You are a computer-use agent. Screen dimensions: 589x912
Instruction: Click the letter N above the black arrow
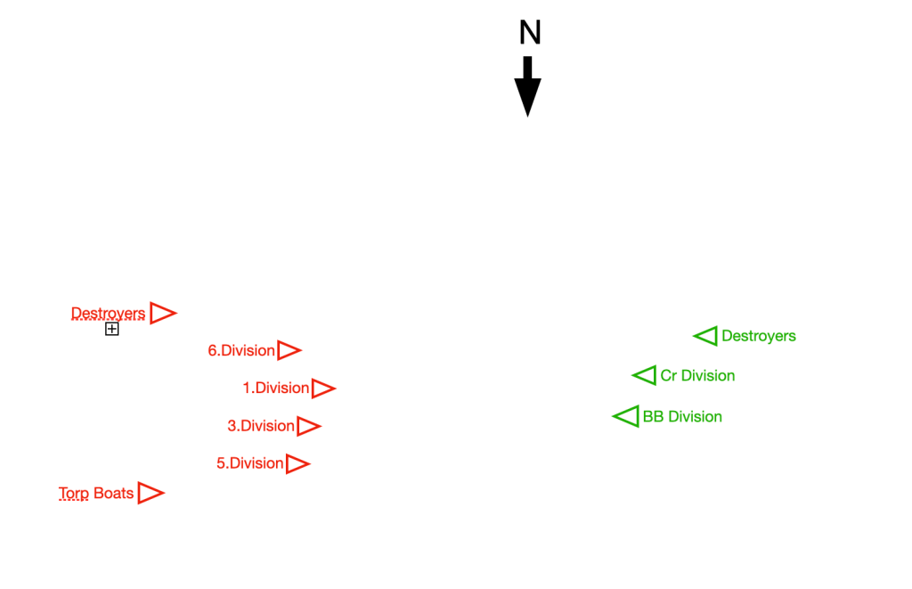(530, 33)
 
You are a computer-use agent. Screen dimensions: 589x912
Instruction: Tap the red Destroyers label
(108, 314)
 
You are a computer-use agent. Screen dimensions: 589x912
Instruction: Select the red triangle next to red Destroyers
(161, 314)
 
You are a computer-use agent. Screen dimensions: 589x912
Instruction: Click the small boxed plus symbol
(112, 330)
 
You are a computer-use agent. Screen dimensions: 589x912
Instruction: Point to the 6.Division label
(240, 351)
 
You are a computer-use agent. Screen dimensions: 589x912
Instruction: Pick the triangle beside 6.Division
(288, 351)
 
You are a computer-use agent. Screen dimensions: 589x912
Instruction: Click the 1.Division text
(275, 389)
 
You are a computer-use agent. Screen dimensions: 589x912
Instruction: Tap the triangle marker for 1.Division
(322, 389)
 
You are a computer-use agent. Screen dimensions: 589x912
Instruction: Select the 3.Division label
(260, 426)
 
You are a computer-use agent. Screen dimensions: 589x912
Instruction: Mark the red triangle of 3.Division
(307, 426)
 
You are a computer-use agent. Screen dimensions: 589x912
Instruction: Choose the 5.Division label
(249, 463)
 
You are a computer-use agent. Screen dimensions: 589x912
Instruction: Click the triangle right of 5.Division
(297, 463)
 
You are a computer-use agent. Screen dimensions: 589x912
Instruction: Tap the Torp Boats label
(96, 494)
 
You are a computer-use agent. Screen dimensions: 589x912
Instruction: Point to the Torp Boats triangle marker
(150, 494)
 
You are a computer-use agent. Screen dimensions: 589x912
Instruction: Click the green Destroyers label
(758, 337)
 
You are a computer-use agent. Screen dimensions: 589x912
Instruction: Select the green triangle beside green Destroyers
(707, 336)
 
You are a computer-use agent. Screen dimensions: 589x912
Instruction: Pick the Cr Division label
(697, 376)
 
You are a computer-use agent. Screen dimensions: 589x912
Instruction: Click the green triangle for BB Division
(628, 416)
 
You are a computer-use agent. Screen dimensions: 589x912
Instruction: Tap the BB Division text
(682, 417)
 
